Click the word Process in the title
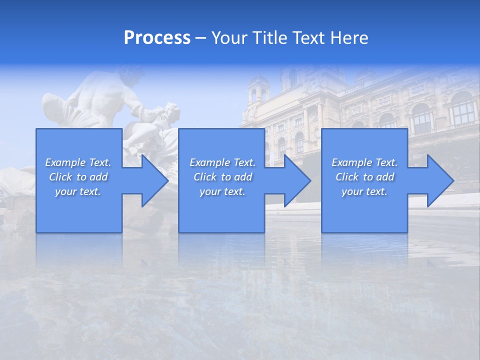[x=157, y=37]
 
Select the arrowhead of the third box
[x=437, y=181]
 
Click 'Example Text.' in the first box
[x=78, y=162]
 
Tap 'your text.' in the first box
[x=78, y=191]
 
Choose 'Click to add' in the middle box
[x=222, y=177]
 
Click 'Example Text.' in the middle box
[x=222, y=162]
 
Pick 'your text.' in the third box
[x=364, y=191]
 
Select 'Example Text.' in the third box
[x=364, y=162]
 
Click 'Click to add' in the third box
[x=364, y=177]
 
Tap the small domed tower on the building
[x=258, y=90]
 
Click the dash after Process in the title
[x=200, y=38]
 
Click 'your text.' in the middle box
[x=222, y=191]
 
